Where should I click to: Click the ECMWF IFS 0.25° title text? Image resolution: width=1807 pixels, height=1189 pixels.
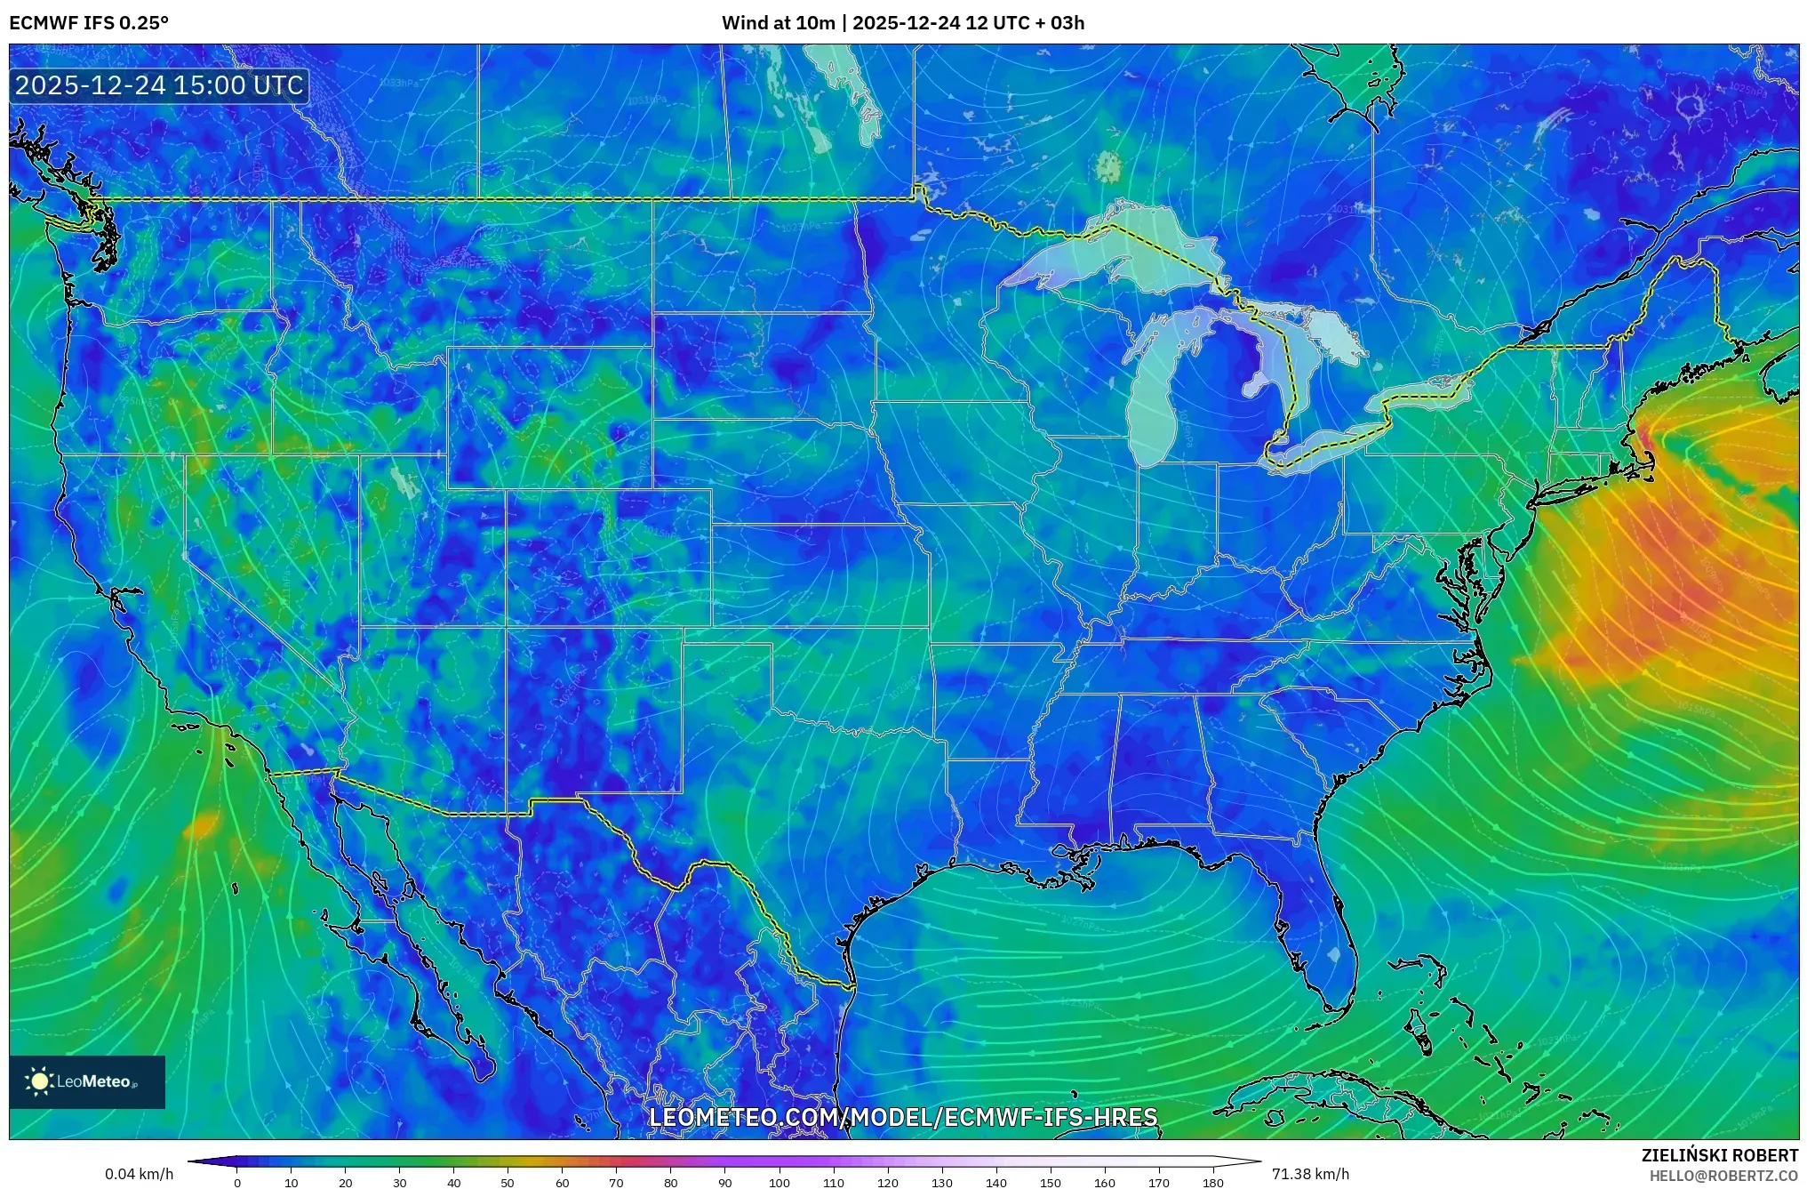pyautogui.click(x=89, y=23)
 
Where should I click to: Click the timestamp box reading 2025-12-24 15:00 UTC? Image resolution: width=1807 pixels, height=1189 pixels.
pyautogui.click(x=160, y=85)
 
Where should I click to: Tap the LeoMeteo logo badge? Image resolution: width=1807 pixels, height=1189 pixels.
pyautogui.click(x=87, y=1081)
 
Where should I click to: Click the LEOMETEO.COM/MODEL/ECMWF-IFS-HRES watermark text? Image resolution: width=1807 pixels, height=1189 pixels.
pyautogui.click(x=903, y=1117)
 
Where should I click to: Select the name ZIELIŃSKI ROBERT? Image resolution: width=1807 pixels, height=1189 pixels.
pyautogui.click(x=1719, y=1155)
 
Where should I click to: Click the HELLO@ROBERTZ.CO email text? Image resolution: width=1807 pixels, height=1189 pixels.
pyautogui.click(x=1723, y=1176)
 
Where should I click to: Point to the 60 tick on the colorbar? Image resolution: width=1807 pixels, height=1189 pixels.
pyautogui.click(x=562, y=1183)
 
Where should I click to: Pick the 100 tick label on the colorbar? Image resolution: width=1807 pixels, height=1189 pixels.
pyautogui.click(x=779, y=1183)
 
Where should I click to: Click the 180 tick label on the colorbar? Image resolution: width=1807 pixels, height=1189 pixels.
pyautogui.click(x=1212, y=1183)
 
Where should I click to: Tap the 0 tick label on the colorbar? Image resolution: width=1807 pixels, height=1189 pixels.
pyautogui.click(x=237, y=1183)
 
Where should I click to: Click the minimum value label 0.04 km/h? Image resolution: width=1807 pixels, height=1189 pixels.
pyautogui.click(x=140, y=1174)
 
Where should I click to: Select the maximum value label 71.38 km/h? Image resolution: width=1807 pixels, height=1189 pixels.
pyautogui.click(x=1310, y=1174)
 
